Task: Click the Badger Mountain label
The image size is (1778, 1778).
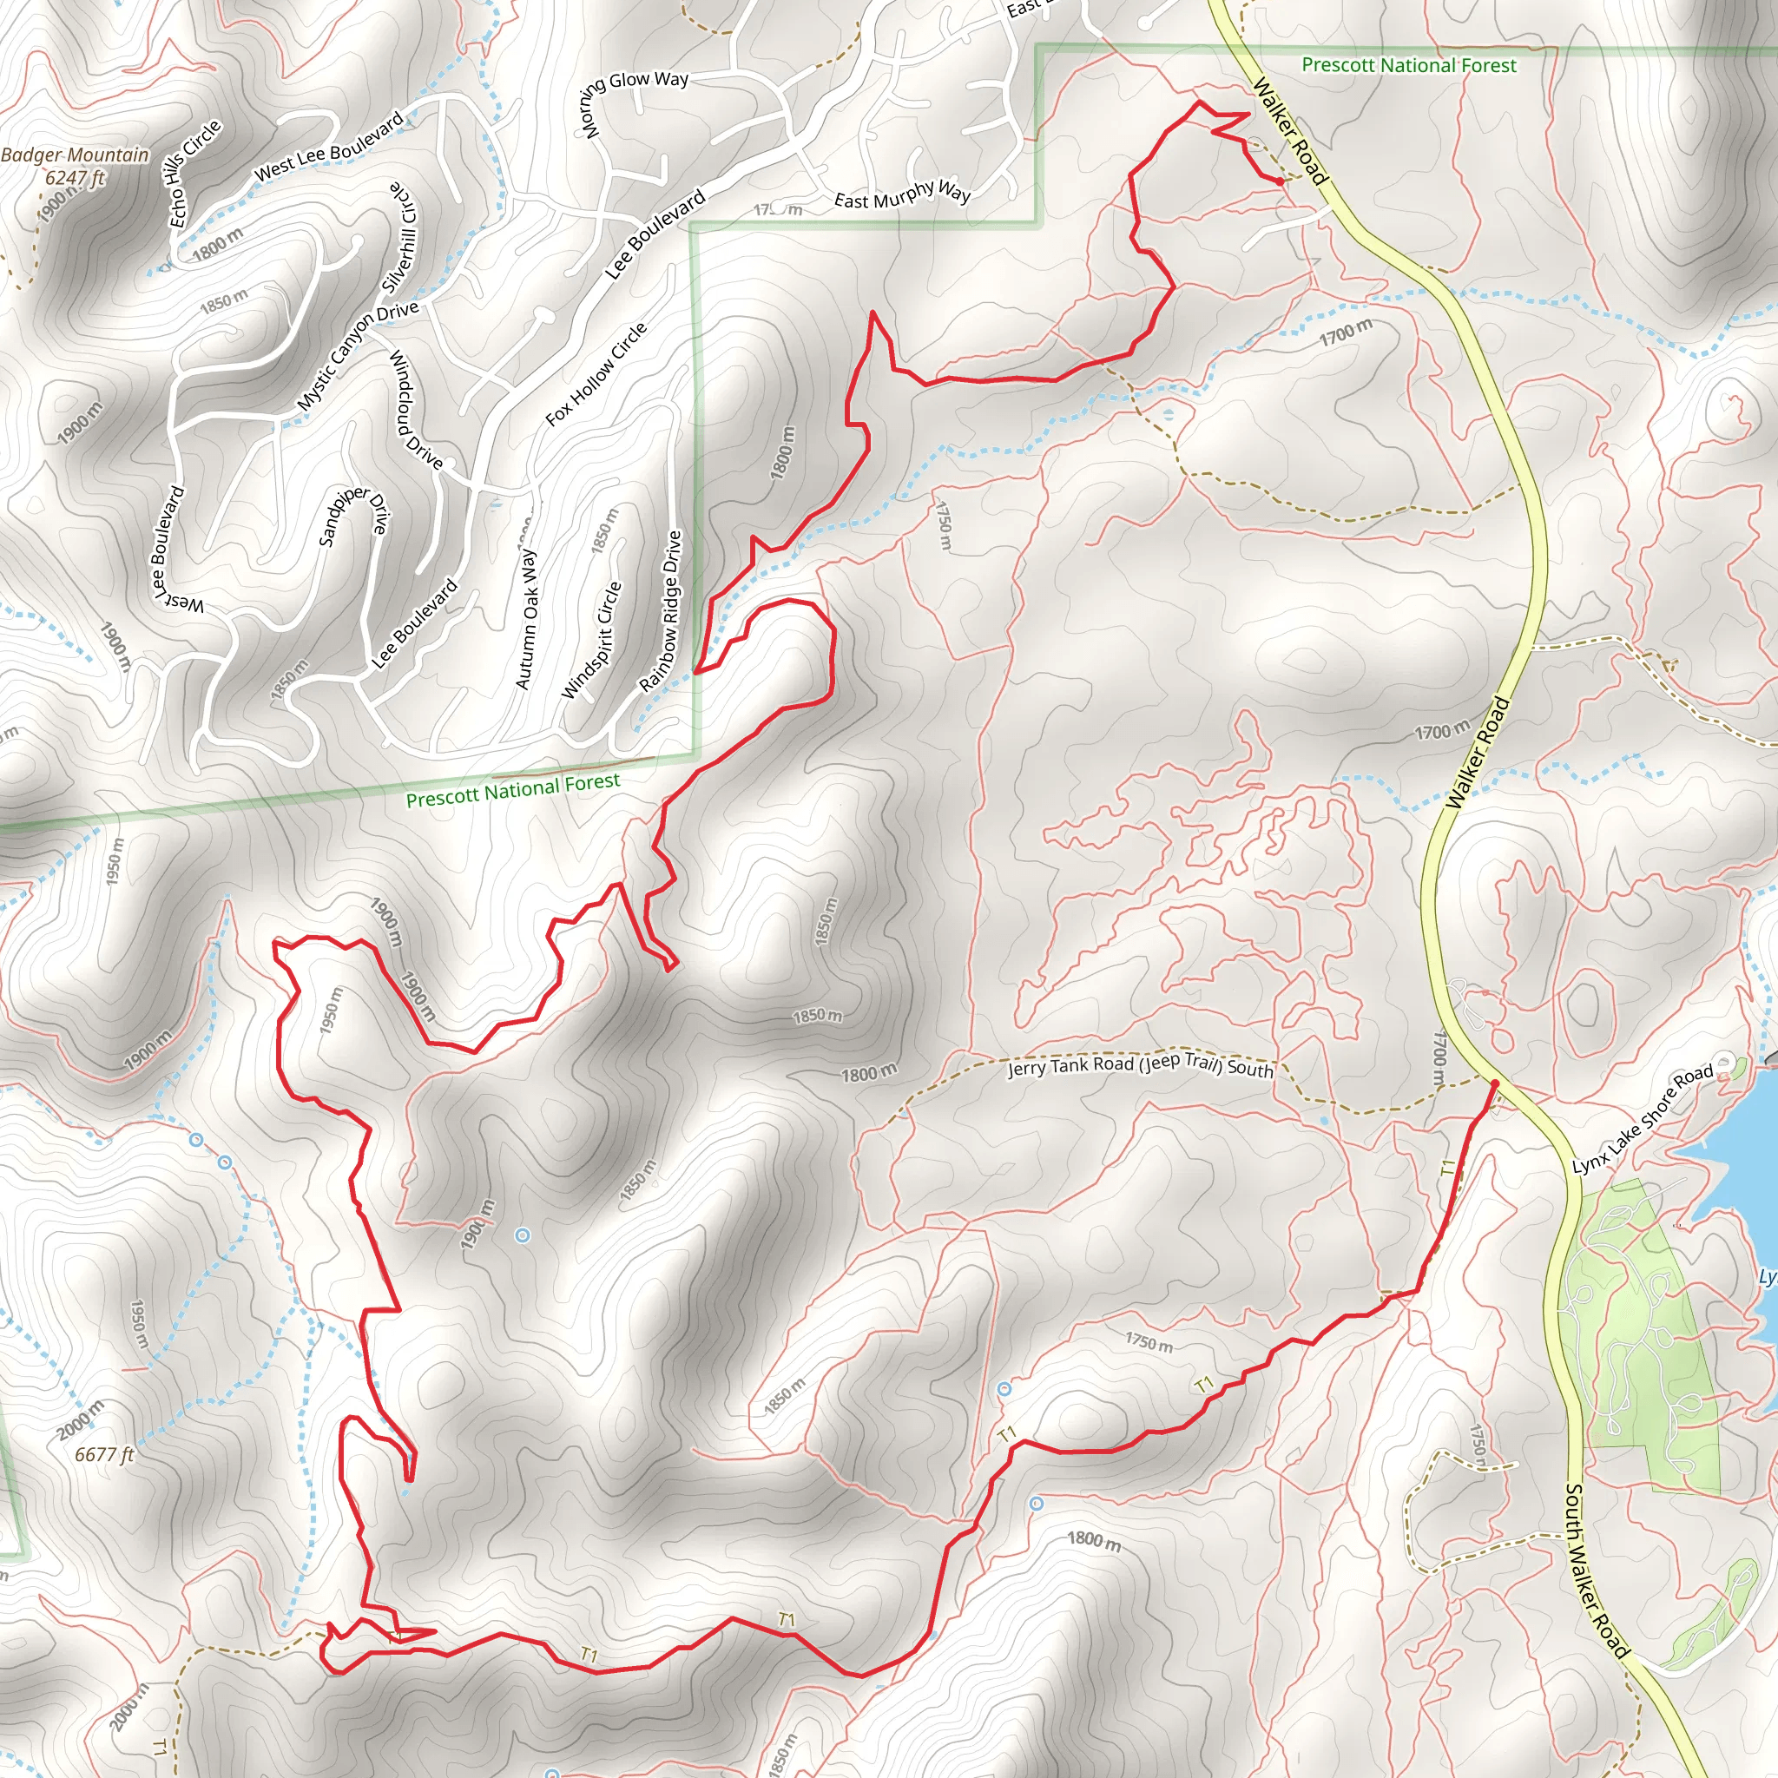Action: point(75,155)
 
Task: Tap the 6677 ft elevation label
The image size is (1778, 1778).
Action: point(104,1454)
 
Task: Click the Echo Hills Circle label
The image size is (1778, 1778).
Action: point(195,173)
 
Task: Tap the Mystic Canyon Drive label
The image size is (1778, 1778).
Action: point(357,355)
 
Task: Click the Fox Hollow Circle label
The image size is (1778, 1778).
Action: point(596,373)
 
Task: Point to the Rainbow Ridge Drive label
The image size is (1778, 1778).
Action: point(661,611)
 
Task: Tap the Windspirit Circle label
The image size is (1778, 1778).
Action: point(591,640)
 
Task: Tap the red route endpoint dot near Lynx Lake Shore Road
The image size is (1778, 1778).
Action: point(1495,1084)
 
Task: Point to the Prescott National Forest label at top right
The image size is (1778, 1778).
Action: point(1408,65)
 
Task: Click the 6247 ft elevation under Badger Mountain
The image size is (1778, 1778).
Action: point(75,178)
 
